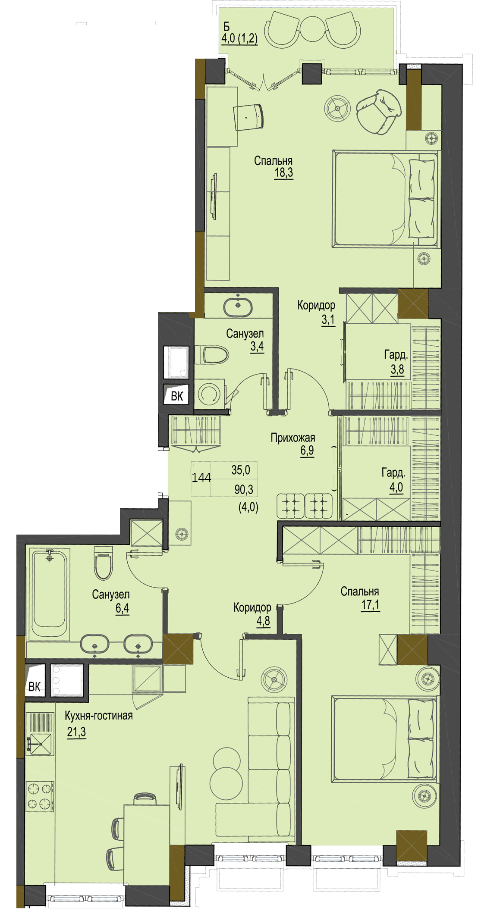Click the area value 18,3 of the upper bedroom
coord(284,173)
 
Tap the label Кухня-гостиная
coord(99,716)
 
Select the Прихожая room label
coord(293,438)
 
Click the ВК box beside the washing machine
coord(177,396)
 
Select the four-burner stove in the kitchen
coord(40,796)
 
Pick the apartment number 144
coord(201,478)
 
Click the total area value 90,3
coord(244,490)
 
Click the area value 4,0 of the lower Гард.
coord(396,488)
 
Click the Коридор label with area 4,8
coord(252,608)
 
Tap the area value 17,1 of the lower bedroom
coord(371,605)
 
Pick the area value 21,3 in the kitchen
coord(76,732)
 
